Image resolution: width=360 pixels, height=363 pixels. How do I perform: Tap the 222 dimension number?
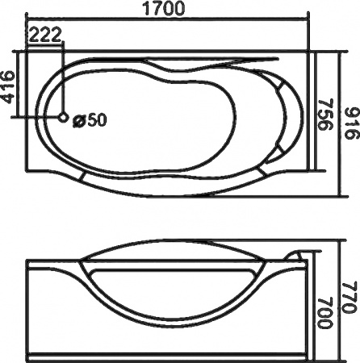46,35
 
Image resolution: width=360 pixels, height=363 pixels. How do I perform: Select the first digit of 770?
349,274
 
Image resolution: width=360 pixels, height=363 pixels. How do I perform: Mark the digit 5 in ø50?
90,120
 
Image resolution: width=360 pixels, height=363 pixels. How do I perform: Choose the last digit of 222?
58,35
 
